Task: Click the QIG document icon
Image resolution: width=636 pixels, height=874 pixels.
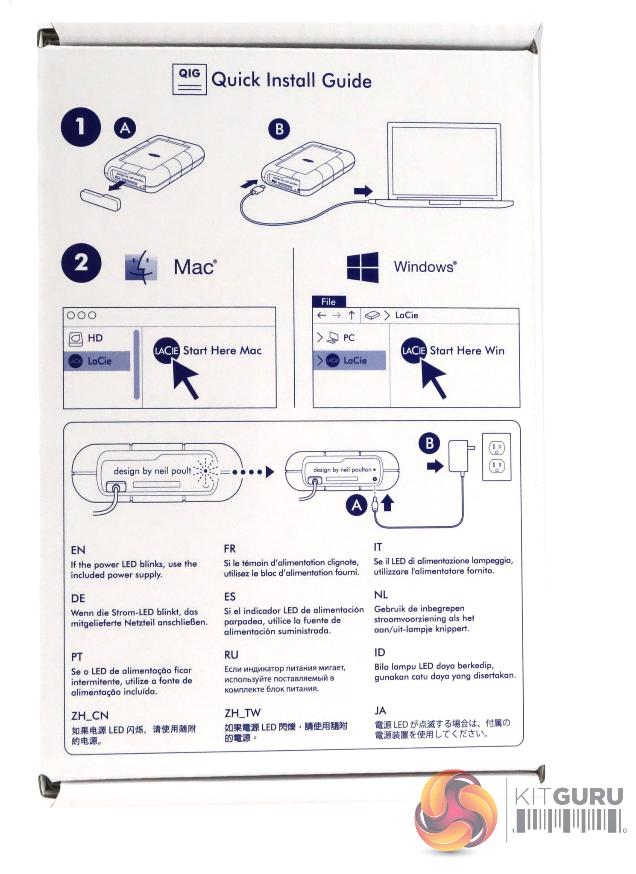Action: tap(189, 79)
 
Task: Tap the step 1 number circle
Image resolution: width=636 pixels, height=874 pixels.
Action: tap(81, 127)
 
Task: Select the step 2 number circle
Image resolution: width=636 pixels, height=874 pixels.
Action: tap(81, 263)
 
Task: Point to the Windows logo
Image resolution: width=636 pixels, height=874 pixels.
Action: tap(363, 267)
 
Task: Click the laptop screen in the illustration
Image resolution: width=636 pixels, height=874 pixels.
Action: tap(443, 160)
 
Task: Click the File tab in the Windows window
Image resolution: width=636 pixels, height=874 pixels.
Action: tap(328, 302)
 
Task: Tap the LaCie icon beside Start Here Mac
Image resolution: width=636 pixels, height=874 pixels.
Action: tap(166, 351)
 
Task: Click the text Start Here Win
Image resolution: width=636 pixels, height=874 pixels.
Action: tap(467, 351)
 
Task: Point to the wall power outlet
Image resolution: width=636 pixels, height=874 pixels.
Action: tap(496, 457)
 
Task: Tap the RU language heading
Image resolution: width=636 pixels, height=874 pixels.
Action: tap(231, 655)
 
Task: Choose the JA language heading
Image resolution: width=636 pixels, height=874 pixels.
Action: tap(380, 711)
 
